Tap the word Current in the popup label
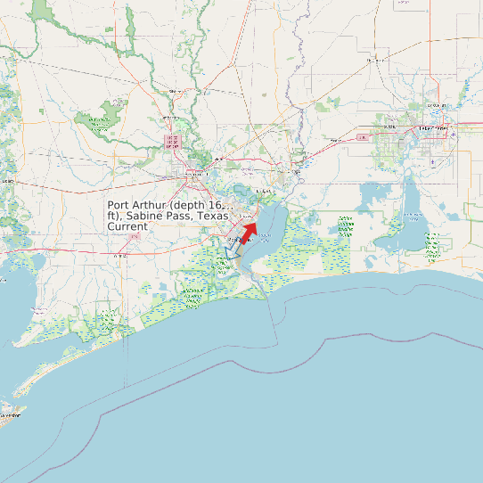click(127, 227)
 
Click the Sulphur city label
click(389, 127)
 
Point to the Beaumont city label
click(191, 173)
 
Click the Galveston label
click(11, 414)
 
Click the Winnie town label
click(119, 255)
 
